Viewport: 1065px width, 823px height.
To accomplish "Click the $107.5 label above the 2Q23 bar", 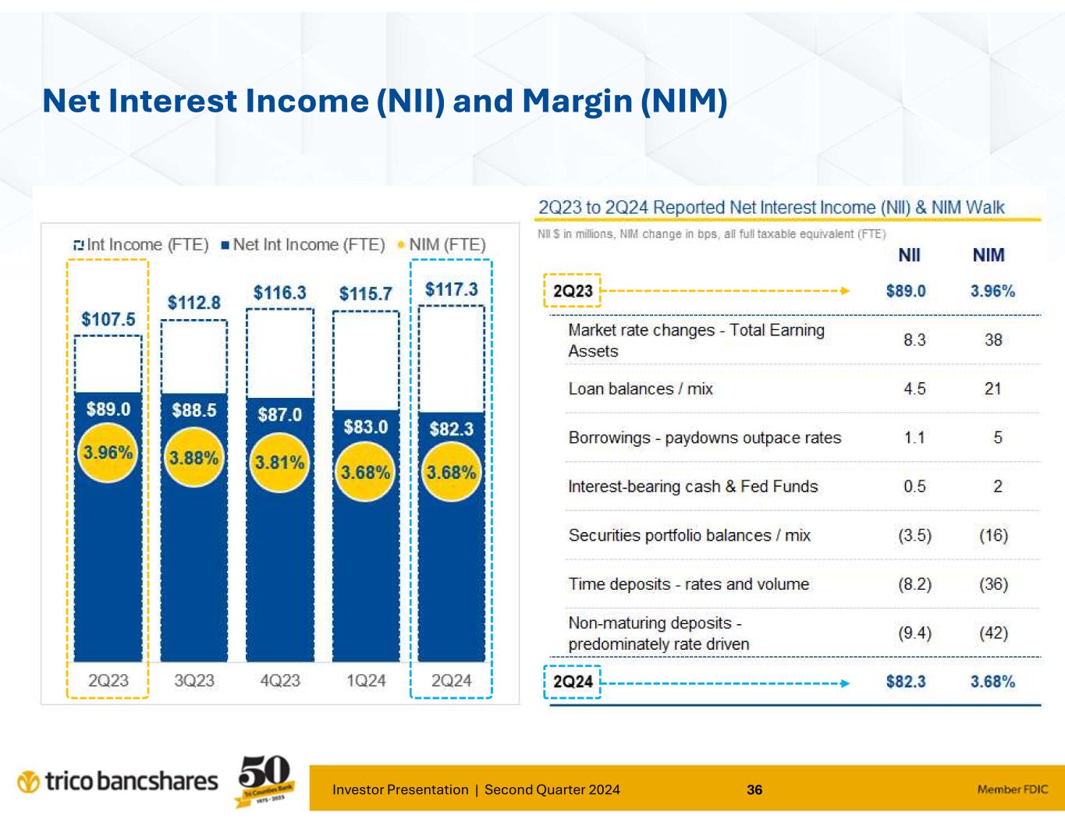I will coord(108,319).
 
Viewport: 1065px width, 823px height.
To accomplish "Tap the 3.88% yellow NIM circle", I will coord(194,458).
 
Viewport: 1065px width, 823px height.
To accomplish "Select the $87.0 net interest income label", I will coord(280,414).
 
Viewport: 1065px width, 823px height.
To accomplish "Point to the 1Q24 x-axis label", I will coord(366,680).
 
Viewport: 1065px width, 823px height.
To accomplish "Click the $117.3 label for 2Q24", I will coord(451,289).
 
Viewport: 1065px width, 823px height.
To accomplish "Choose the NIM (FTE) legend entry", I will coord(441,245).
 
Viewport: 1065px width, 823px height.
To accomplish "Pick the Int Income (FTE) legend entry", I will coord(140,245).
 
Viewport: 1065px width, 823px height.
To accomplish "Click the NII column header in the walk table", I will coord(909,255).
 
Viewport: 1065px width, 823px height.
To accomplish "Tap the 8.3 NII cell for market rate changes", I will coord(914,340).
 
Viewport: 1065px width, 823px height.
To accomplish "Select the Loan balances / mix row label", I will coord(641,388).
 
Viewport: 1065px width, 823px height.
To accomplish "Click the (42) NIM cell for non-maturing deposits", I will coord(993,633).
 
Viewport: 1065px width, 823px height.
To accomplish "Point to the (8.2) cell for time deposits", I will coord(914,584).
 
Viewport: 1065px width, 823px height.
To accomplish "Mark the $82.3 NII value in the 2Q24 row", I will coord(906,682).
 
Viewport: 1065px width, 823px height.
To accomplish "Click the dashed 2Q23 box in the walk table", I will coord(573,291).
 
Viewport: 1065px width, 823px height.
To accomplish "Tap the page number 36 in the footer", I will coord(754,789).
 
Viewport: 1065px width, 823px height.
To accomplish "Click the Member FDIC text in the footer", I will coord(1014,789).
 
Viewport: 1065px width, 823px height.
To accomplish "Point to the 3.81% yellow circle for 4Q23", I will coord(280,463).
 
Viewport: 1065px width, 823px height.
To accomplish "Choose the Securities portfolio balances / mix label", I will coord(689,535).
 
